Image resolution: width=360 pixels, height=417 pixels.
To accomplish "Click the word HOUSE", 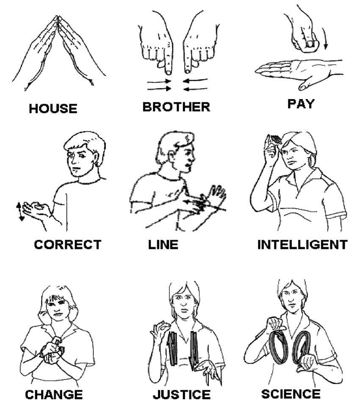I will (53, 108).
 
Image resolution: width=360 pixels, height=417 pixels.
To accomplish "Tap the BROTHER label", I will (176, 107).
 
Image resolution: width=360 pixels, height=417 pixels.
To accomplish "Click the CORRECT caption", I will (68, 244).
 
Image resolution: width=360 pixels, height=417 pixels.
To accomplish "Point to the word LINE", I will (163, 245).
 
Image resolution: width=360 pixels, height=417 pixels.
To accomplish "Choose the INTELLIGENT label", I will (302, 244).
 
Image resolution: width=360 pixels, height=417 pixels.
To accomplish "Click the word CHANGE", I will (54, 395).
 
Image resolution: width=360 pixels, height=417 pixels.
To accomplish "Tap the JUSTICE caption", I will (181, 395).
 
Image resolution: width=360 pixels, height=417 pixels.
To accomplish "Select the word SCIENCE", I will (291, 394).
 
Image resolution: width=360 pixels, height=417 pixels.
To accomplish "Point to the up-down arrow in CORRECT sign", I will (19, 211).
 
